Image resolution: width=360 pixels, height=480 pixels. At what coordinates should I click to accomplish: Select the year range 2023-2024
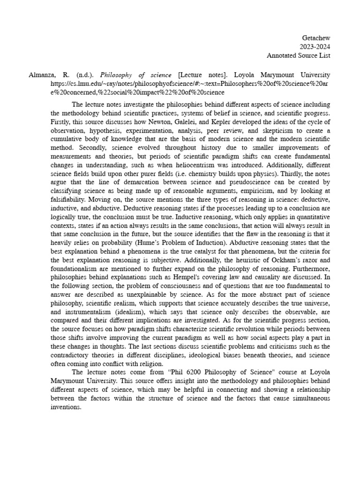(x=315, y=46)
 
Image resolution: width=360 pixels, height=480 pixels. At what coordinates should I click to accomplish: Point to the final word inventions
(x=66, y=407)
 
